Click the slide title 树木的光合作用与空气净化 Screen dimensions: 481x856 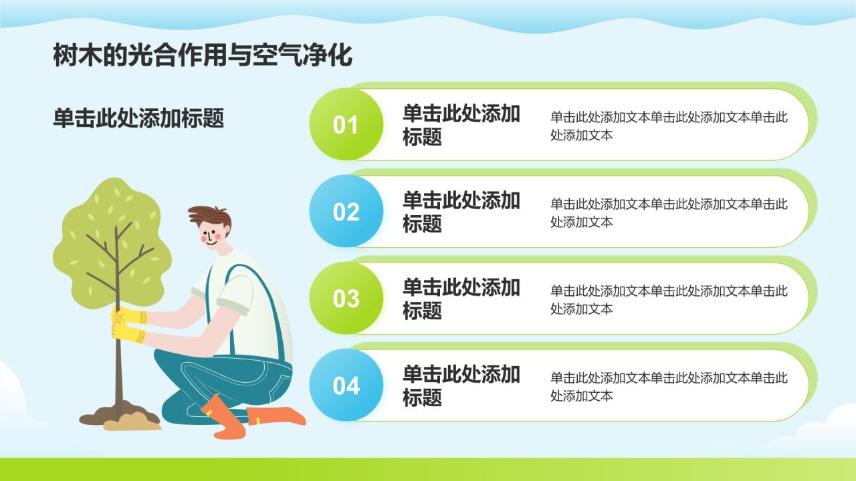[202, 56]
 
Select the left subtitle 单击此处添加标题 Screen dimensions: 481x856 [138, 118]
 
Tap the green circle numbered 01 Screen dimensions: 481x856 [346, 124]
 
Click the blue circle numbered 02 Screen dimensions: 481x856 [346, 211]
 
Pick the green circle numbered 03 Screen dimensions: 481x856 [346, 298]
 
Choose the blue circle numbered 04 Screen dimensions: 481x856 [346, 385]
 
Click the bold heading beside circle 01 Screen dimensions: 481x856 [461, 125]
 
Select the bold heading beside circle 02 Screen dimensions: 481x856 [461, 212]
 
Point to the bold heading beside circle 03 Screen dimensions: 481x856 [461, 299]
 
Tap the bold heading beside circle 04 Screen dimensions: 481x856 [461, 385]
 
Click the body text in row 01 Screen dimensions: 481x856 [669, 126]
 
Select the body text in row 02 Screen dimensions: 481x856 [669, 212]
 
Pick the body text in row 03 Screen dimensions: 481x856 [669, 299]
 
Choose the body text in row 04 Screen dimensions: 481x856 [669, 386]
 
